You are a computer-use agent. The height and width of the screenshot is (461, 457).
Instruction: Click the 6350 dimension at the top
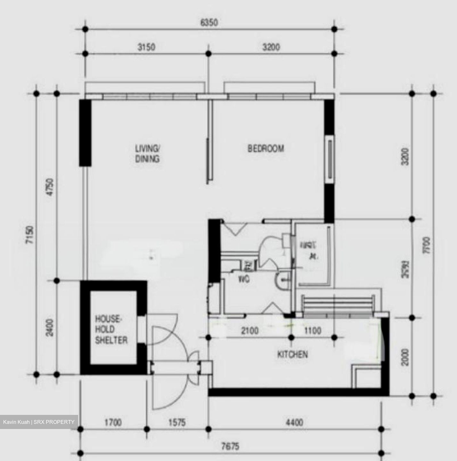pyautogui.click(x=209, y=23)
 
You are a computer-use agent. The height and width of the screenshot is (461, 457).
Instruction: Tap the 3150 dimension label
pyautogui.click(x=146, y=47)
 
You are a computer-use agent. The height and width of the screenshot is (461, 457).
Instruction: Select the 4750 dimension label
pyautogui.click(x=51, y=188)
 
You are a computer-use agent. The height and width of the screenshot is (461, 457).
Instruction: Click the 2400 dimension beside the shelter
pyautogui.click(x=50, y=327)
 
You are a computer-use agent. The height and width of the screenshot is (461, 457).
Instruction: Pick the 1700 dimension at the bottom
pyautogui.click(x=113, y=423)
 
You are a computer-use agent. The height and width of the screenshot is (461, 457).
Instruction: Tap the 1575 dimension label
pyautogui.click(x=177, y=423)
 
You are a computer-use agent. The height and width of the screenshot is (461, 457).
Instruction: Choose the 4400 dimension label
pyautogui.click(x=294, y=423)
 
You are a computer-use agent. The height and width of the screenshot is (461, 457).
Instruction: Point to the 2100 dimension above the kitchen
pyautogui.click(x=250, y=330)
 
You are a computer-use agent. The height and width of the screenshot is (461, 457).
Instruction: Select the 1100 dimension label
pyautogui.click(x=312, y=330)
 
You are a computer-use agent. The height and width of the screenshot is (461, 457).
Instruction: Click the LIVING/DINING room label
pyautogui.click(x=147, y=154)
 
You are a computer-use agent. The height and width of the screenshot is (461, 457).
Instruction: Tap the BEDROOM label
pyautogui.click(x=266, y=149)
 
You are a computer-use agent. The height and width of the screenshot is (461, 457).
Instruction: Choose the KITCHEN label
pyautogui.click(x=292, y=354)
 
